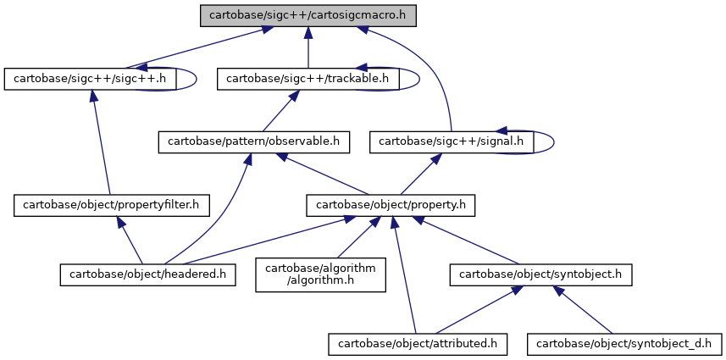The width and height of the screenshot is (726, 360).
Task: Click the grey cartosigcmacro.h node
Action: [x=308, y=15]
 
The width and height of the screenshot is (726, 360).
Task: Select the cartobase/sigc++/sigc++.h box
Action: [x=90, y=79]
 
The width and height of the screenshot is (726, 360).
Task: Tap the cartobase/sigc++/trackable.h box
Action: [x=308, y=79]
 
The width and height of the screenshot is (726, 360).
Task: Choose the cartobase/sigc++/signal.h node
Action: [x=452, y=142]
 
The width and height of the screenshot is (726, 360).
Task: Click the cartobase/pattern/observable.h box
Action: [x=254, y=142]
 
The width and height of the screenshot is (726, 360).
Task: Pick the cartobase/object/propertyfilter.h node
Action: [x=111, y=205]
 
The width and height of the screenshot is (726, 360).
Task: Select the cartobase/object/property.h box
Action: [x=391, y=205]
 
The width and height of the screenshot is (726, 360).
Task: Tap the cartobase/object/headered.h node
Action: [x=147, y=274]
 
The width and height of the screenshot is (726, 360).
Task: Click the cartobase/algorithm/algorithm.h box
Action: [x=320, y=274]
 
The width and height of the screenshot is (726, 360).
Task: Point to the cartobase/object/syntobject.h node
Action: [x=540, y=274]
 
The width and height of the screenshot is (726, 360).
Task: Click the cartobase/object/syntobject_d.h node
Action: [x=624, y=344]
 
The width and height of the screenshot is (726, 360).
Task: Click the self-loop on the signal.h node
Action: [x=554, y=142]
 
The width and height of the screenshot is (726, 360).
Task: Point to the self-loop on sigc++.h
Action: [x=197, y=79]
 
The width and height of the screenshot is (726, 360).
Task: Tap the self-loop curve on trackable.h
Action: [x=419, y=79]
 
